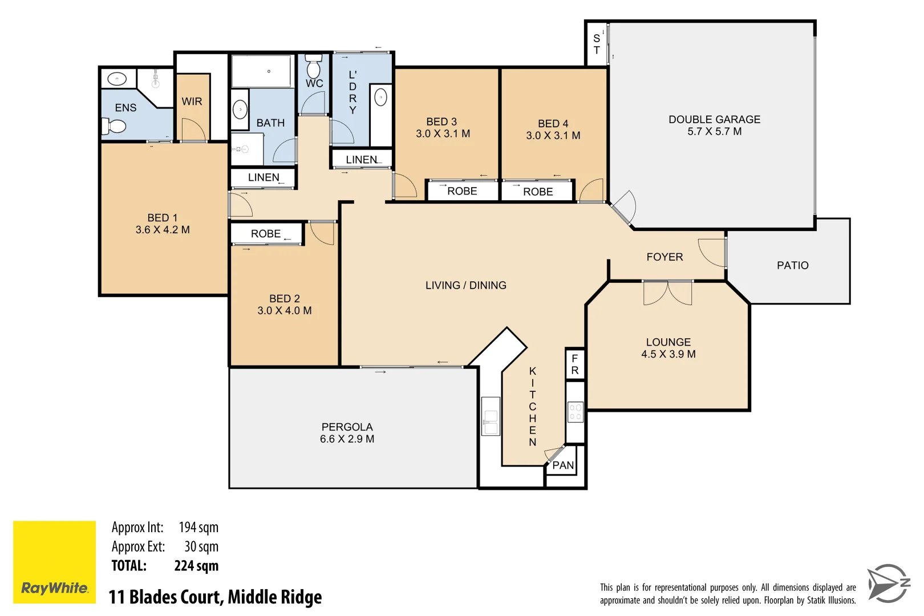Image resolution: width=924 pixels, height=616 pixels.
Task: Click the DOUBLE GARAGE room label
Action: click(714, 119)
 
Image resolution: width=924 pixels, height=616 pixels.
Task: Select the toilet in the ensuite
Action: click(114, 125)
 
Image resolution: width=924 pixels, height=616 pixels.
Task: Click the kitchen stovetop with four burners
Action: click(575, 412)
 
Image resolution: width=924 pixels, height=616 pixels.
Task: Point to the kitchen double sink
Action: click(491, 416)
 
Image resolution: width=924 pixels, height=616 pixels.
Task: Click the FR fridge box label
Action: click(575, 364)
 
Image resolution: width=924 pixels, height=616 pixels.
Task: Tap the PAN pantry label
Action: click(563, 465)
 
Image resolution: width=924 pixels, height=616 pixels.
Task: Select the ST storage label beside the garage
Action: click(597, 44)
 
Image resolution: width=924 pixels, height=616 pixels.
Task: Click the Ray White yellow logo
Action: click(54, 562)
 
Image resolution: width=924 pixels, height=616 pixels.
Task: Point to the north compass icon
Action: click(888, 583)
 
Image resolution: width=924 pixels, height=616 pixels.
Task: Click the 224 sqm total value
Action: click(196, 566)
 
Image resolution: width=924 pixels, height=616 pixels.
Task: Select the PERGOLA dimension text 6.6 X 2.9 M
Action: click(347, 439)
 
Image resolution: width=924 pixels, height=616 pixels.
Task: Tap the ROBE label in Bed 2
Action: click(266, 234)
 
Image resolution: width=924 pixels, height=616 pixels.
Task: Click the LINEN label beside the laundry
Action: click(362, 160)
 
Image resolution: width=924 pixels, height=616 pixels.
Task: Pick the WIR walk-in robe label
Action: click(192, 102)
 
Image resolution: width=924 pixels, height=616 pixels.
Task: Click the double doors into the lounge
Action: click(667, 293)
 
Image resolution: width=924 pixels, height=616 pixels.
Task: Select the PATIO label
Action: click(792, 265)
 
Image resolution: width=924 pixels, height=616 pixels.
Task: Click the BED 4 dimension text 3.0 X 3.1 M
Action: click(553, 136)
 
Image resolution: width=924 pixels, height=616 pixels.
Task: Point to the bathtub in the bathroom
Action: click(262, 71)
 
